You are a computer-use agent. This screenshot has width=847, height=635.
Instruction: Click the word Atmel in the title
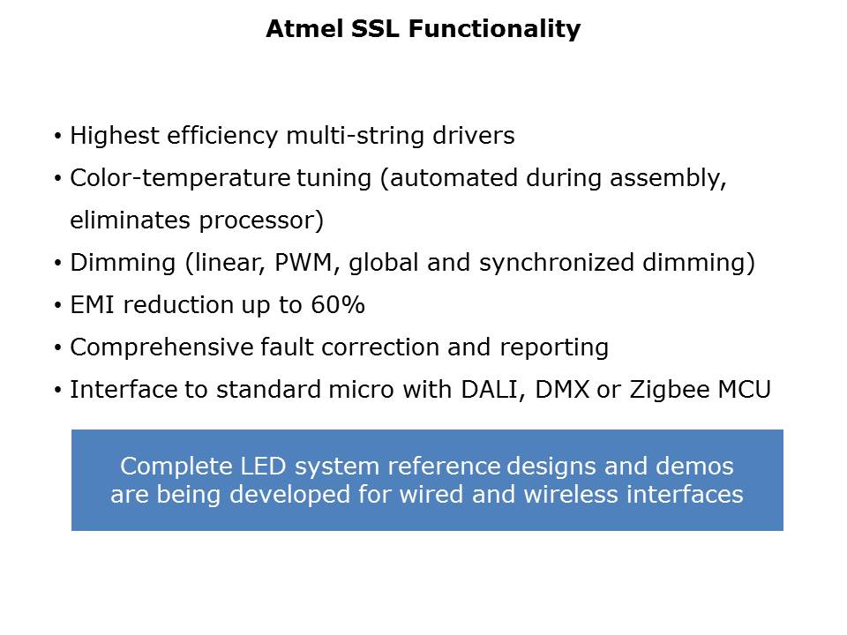coord(304,28)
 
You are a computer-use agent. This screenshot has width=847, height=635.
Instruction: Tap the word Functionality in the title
coord(494,29)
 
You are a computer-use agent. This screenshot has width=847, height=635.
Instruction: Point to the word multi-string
coord(355,136)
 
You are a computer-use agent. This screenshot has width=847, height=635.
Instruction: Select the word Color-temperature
coord(180,178)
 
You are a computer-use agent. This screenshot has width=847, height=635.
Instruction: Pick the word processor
coord(261,220)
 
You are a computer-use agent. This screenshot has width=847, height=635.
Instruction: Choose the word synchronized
coord(557,263)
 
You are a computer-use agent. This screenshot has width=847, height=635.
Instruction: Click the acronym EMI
coord(92,305)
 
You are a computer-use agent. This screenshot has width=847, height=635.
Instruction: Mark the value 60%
coord(338,305)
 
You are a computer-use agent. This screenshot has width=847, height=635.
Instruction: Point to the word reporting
coord(554,347)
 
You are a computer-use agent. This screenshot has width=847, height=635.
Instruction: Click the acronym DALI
coord(493,390)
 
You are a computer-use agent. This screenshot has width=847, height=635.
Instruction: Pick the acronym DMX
coord(562,390)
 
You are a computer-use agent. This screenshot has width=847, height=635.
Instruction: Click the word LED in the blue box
coord(263,467)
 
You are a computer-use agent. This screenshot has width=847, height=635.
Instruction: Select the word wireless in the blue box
coord(571,495)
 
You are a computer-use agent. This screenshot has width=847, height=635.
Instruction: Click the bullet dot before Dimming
coord(58,264)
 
